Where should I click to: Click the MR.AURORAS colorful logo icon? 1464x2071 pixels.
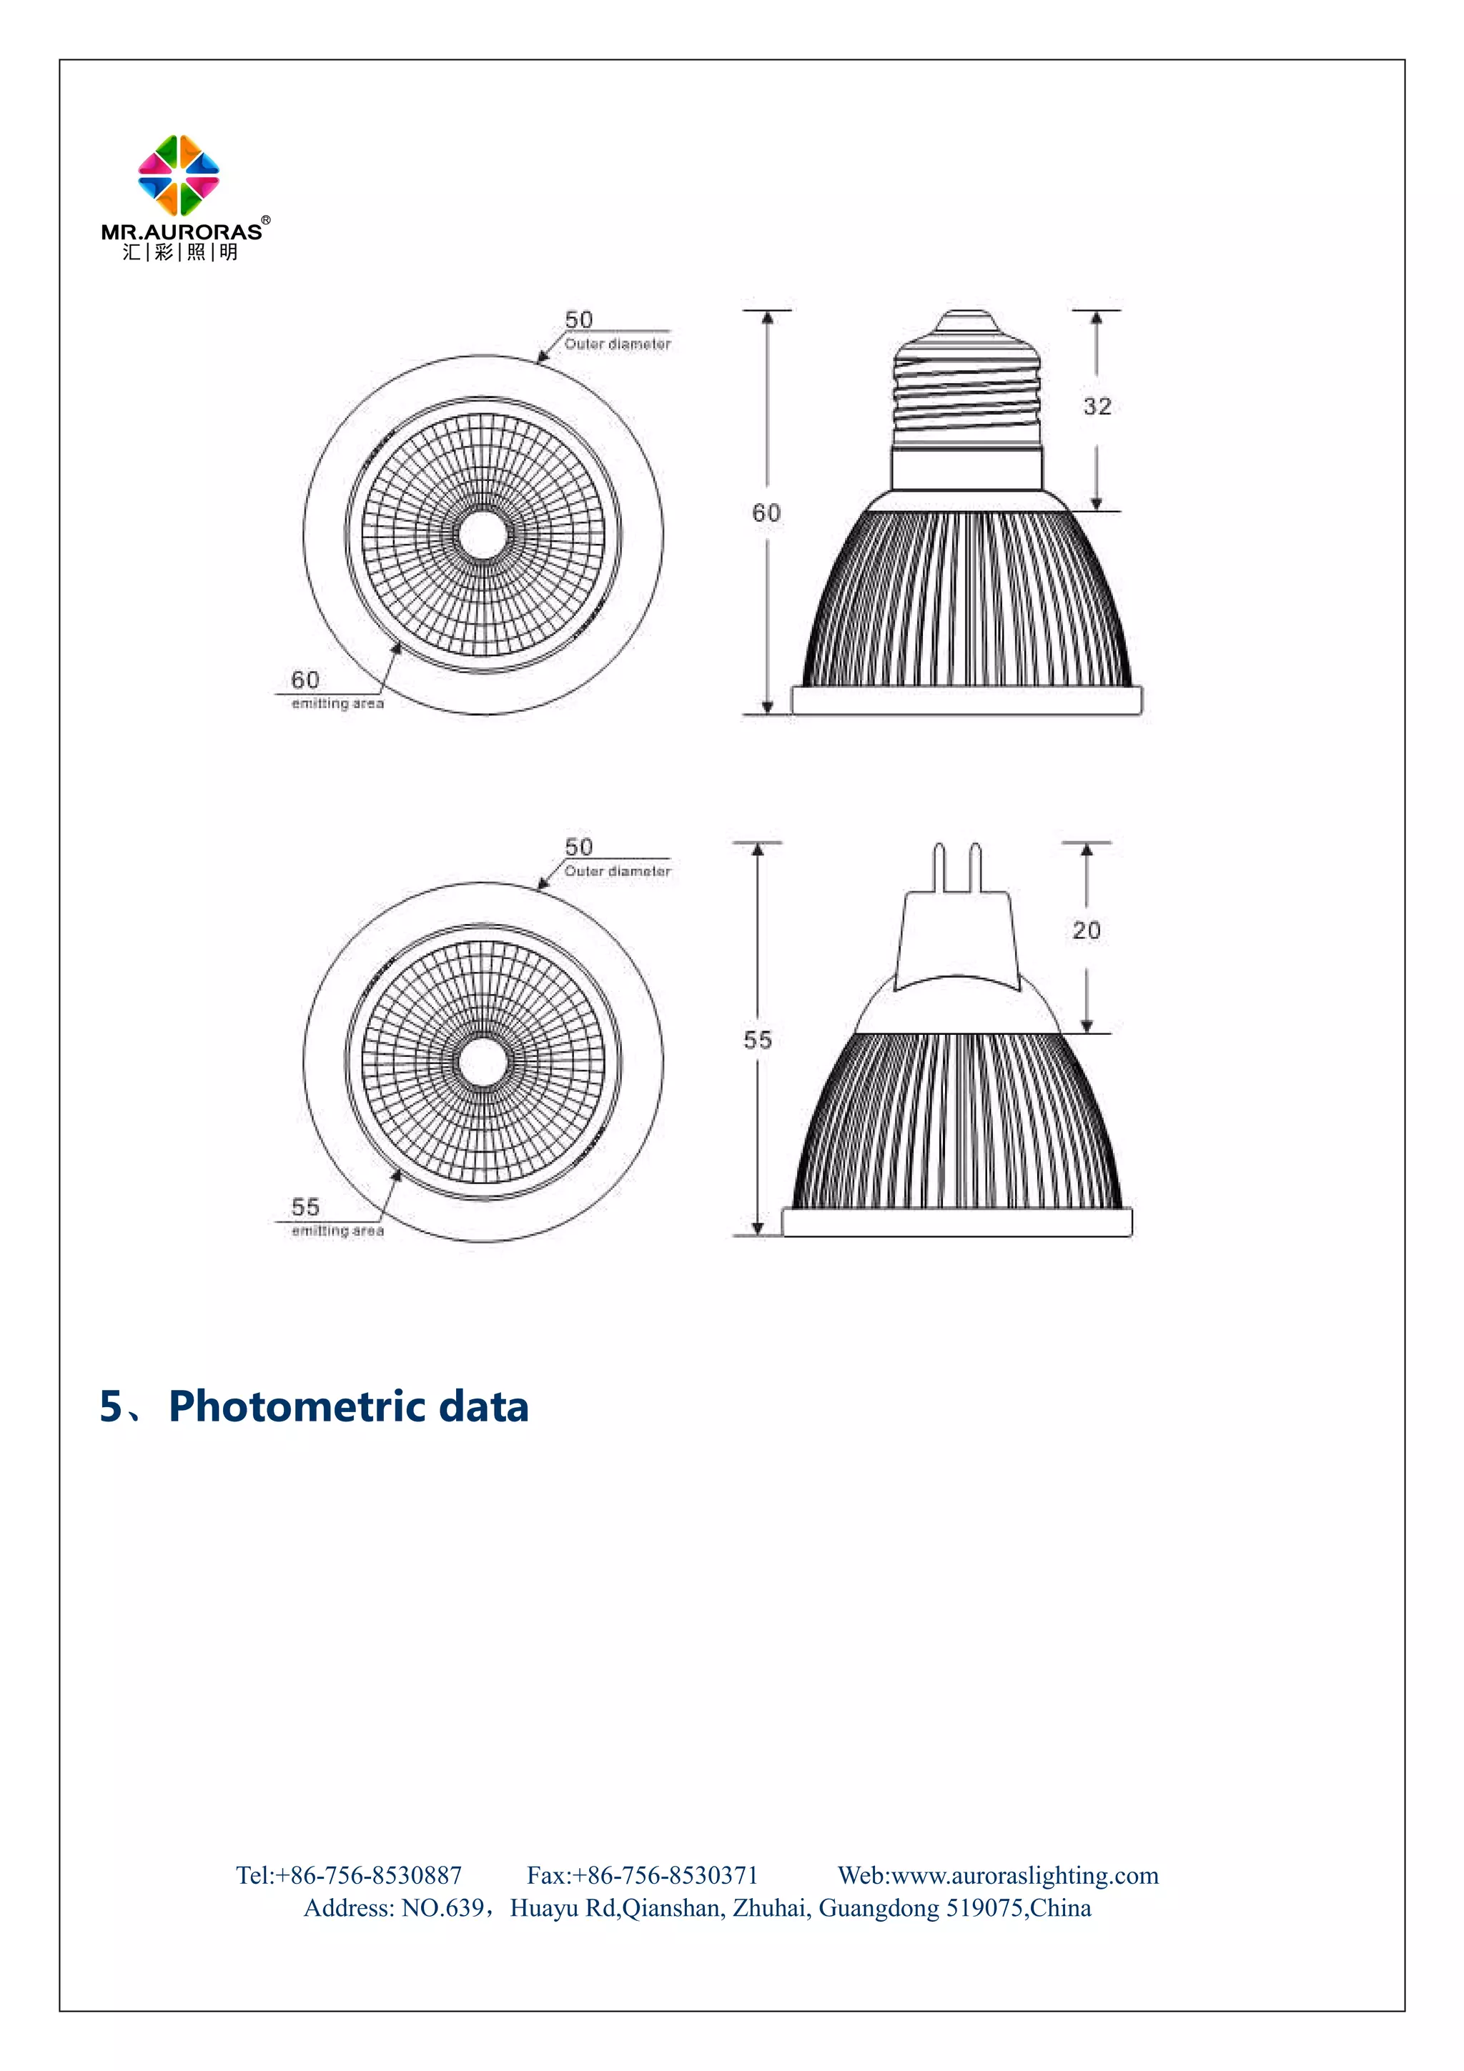(x=179, y=175)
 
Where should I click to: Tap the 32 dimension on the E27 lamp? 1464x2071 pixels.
(x=1097, y=407)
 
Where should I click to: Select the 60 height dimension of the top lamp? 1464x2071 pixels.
(x=766, y=513)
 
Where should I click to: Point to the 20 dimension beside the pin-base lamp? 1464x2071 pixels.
(x=1086, y=930)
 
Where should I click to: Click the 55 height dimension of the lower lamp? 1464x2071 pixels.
(x=757, y=1040)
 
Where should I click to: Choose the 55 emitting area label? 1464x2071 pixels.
(x=305, y=1207)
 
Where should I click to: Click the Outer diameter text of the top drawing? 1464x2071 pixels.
(x=618, y=344)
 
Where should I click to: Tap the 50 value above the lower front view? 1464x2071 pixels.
(x=578, y=847)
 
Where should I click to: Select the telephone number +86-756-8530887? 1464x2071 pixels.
(x=369, y=1875)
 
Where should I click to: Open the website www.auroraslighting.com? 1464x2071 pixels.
(x=1024, y=1875)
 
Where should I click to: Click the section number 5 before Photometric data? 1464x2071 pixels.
(x=111, y=1406)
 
